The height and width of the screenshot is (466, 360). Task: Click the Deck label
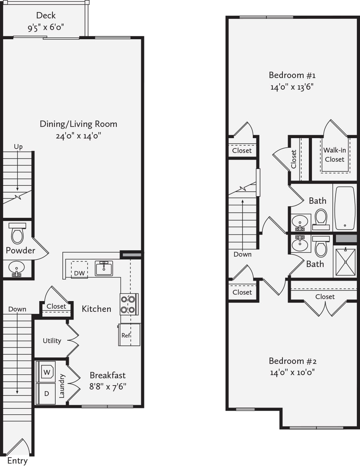pyautogui.click(x=46, y=15)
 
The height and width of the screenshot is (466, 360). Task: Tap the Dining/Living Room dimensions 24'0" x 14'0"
pyautogui.click(x=78, y=136)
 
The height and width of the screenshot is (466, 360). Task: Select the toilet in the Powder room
pyautogui.click(x=17, y=233)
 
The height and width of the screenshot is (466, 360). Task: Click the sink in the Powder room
pyautogui.click(x=17, y=269)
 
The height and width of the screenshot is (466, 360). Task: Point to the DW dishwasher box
pyautogui.click(x=79, y=270)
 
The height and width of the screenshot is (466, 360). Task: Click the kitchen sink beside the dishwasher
pyautogui.click(x=104, y=268)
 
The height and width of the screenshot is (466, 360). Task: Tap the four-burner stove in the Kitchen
pyautogui.click(x=129, y=304)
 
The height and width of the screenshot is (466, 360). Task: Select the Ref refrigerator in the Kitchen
pyautogui.click(x=129, y=335)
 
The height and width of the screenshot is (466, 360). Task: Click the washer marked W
pyautogui.click(x=47, y=372)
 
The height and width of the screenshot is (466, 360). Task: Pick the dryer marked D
pyautogui.click(x=46, y=394)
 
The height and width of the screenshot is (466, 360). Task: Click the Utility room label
pyautogui.click(x=52, y=341)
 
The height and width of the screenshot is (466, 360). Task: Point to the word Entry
pyautogui.click(x=17, y=461)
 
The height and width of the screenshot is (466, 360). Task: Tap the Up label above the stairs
pyautogui.click(x=18, y=147)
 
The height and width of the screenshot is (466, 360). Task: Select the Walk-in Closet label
pyautogui.click(x=334, y=155)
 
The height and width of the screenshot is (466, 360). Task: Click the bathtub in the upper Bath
pyautogui.click(x=344, y=208)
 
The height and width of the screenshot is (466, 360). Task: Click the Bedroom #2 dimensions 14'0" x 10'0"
pyautogui.click(x=292, y=372)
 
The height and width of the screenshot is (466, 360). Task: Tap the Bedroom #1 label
pyautogui.click(x=292, y=75)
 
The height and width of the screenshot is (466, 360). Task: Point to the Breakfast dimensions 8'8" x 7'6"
pyautogui.click(x=108, y=387)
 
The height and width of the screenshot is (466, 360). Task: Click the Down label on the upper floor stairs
pyautogui.click(x=242, y=254)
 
